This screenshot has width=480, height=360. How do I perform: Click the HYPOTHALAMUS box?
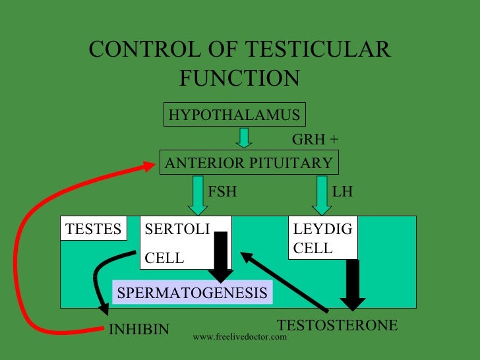[x=234, y=115]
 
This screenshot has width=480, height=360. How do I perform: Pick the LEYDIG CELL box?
[x=323, y=238]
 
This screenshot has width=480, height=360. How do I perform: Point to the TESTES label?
[x=93, y=229]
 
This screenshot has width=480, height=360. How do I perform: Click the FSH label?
[x=222, y=193]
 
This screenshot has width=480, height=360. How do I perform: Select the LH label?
[x=343, y=193]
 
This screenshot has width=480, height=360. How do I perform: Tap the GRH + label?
[x=315, y=140]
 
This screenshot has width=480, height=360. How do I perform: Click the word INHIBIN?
[x=139, y=328]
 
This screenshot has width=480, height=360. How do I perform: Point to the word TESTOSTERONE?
[x=338, y=325]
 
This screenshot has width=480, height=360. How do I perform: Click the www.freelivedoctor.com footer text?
[x=240, y=337]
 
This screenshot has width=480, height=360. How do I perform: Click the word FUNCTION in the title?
[x=239, y=78]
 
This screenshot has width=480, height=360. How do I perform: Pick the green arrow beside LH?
[x=321, y=195]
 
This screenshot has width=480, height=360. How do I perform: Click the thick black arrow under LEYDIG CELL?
[x=353, y=284]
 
